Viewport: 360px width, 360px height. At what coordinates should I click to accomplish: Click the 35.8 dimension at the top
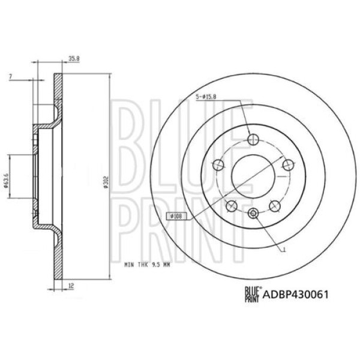(74, 58)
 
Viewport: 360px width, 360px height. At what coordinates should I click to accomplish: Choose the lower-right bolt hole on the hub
(275, 206)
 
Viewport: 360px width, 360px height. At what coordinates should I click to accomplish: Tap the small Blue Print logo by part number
(251, 294)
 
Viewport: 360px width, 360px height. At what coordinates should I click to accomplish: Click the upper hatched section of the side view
(58, 96)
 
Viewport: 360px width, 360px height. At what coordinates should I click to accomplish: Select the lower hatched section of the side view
(58, 252)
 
